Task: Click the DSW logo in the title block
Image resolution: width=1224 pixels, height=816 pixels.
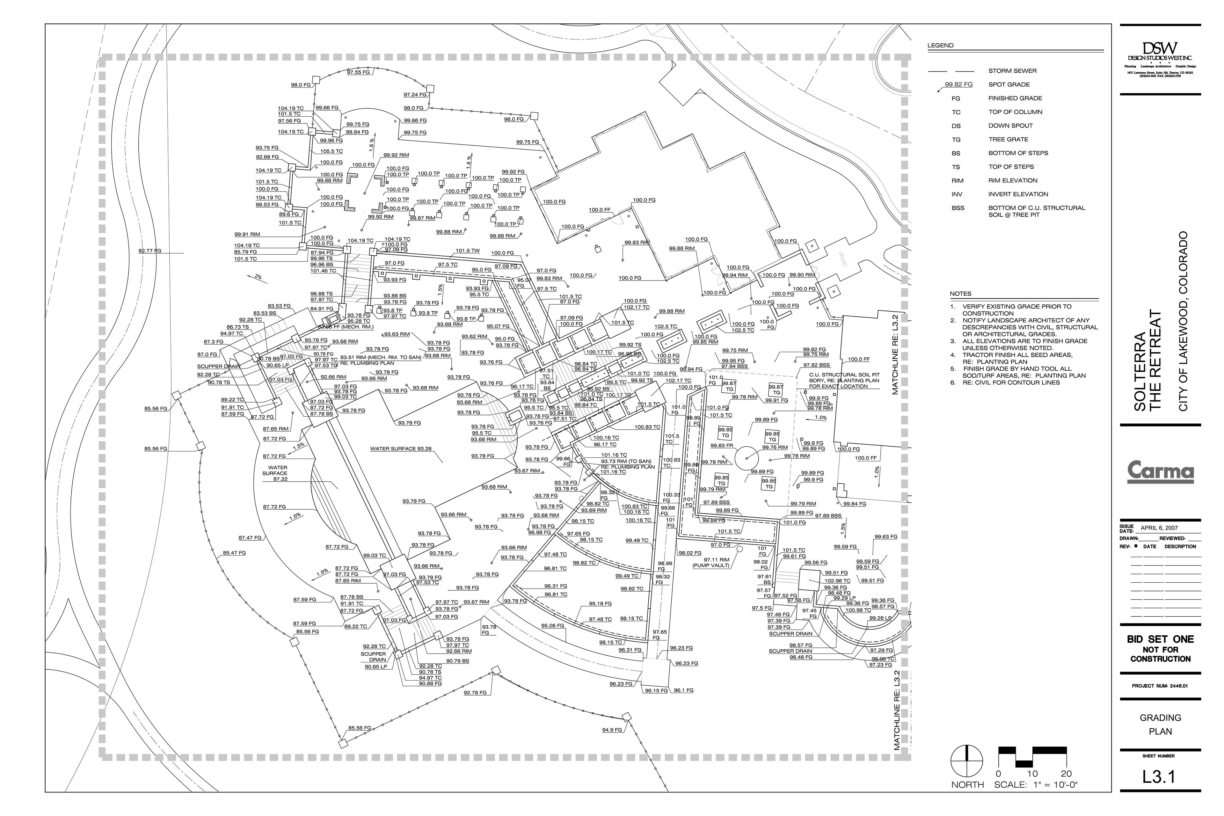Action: (x=1160, y=52)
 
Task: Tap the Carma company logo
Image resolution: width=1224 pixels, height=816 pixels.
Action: (x=1160, y=471)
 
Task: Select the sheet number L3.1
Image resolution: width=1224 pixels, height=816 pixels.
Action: (x=1160, y=777)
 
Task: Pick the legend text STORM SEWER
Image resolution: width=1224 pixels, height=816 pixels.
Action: (x=1012, y=71)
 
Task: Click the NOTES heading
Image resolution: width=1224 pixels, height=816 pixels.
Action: (x=960, y=294)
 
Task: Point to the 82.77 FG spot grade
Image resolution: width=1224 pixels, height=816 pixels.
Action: (x=150, y=251)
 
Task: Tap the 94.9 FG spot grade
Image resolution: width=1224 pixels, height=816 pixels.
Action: (x=612, y=730)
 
